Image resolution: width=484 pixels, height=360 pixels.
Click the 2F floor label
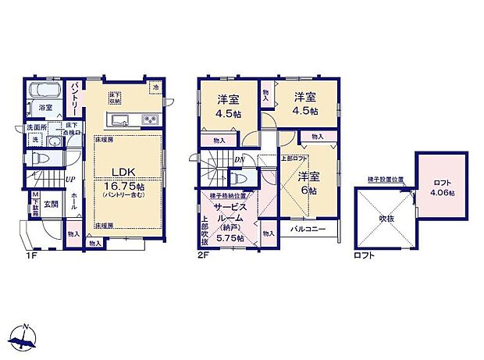[x=205, y=255]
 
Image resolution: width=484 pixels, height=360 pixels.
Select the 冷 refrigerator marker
[x=155, y=87]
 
